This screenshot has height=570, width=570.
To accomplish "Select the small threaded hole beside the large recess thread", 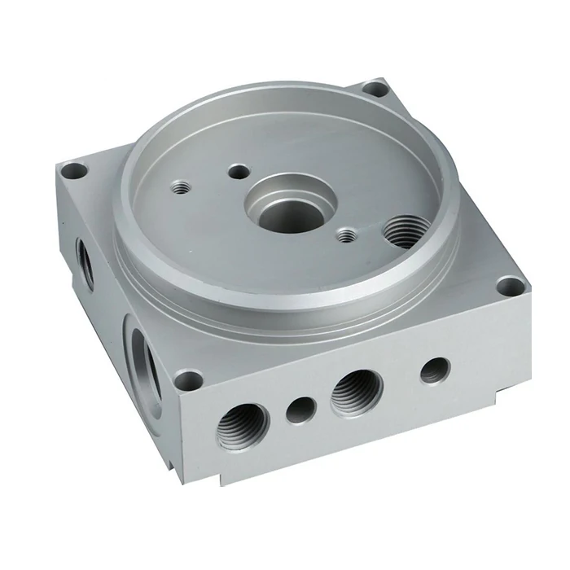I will [347, 235].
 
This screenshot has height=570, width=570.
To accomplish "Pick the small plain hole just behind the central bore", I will [239, 171].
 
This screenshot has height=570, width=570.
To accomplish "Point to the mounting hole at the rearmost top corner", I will [373, 88].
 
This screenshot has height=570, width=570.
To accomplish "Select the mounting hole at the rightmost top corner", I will [510, 286].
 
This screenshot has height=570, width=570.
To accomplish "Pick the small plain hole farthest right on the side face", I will [434, 370].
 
